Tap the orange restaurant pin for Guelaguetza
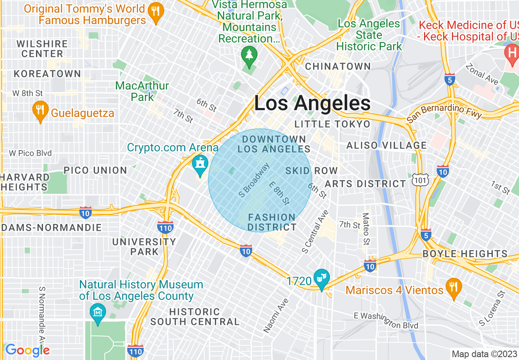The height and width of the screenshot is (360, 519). [x=40, y=112]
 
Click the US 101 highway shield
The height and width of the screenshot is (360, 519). [x=421, y=180]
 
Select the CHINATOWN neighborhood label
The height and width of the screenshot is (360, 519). [x=338, y=66]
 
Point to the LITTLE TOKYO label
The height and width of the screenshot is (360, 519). [x=332, y=124]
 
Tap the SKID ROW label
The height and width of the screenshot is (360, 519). [x=311, y=171]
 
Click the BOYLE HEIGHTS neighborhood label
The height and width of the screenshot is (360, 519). [x=465, y=254]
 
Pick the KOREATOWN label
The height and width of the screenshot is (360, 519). [x=47, y=74]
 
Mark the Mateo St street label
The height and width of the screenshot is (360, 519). [x=366, y=229]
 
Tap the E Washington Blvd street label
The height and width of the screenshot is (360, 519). [x=386, y=320]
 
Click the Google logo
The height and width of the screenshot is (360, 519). [x=27, y=350]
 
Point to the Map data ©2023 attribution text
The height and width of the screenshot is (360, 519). [x=483, y=354]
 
